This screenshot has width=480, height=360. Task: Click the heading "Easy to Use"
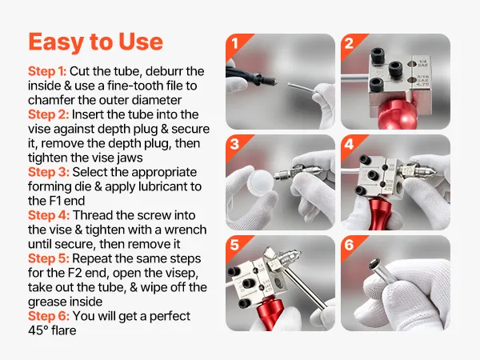(x=95, y=42)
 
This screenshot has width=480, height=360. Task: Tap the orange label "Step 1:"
(x=47, y=71)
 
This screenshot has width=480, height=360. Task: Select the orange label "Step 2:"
(x=49, y=114)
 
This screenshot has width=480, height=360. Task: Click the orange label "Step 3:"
(x=49, y=172)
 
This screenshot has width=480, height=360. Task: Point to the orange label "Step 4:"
(x=49, y=215)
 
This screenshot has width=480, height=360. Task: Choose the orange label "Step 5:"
(x=49, y=258)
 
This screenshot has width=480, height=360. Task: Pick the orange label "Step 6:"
(x=49, y=316)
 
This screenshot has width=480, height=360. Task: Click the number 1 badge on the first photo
(x=234, y=44)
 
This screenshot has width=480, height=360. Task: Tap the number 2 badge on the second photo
(x=350, y=44)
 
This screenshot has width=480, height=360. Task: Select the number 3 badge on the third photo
(x=234, y=144)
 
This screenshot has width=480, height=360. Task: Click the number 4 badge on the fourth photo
(x=350, y=144)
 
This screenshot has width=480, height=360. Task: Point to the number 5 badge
(x=234, y=245)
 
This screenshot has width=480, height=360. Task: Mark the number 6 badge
(x=350, y=245)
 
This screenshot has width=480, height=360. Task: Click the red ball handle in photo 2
(x=394, y=114)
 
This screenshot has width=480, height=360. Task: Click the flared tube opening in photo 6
(x=374, y=264)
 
